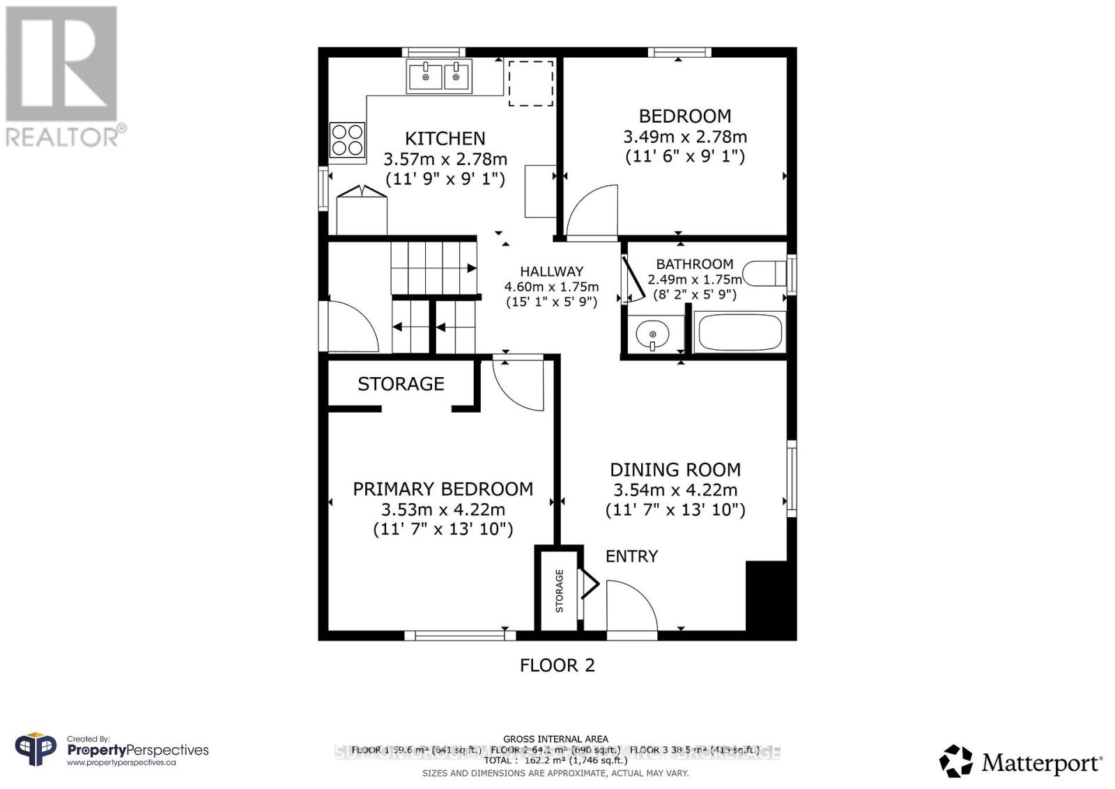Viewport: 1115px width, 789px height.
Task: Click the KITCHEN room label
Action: click(445, 138)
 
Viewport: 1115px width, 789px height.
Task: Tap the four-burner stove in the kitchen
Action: click(347, 140)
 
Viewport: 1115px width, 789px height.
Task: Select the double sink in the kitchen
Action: click(440, 76)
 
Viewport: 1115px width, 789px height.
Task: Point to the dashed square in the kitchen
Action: click(530, 84)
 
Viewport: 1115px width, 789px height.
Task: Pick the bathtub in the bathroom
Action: click(739, 332)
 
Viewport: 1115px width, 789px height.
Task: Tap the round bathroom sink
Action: click(653, 334)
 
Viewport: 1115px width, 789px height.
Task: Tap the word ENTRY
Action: click(631, 556)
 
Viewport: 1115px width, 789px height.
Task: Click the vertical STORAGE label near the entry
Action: click(559, 590)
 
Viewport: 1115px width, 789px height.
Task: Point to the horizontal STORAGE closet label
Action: click(401, 384)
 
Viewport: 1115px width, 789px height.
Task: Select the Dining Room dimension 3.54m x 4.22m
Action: click(675, 490)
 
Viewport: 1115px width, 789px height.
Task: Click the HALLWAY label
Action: click(551, 272)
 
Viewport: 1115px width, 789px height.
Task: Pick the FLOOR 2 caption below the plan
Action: click(557, 665)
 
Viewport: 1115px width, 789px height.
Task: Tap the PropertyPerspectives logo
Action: click(111, 751)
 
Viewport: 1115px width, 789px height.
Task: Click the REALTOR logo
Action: click(63, 77)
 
